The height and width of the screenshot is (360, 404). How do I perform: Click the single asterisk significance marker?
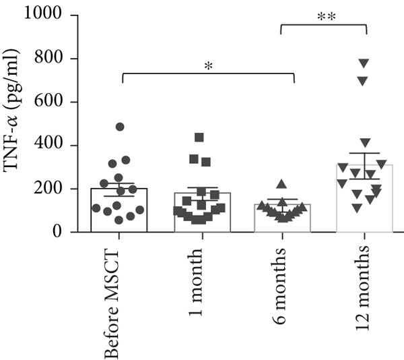[x=209, y=66]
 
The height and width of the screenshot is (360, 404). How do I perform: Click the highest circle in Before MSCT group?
[x=120, y=127]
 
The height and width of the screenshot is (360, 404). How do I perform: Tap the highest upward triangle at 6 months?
[x=281, y=184]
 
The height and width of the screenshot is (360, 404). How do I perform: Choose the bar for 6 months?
[x=281, y=218]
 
